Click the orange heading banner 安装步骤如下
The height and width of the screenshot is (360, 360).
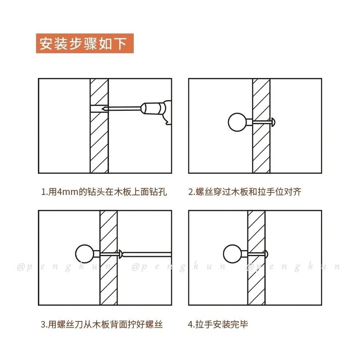[x=85, y=43]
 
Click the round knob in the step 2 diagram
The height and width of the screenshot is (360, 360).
[x=237, y=122]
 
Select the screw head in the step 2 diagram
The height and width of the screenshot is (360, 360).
[x=273, y=122]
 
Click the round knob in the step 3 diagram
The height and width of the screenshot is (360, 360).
[x=85, y=254]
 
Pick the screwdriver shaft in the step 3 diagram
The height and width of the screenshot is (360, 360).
[x=147, y=254]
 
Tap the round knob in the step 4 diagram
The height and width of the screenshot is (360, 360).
[x=232, y=254]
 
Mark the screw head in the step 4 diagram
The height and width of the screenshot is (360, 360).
[x=266, y=254]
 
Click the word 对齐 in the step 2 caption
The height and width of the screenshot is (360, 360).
[x=293, y=192]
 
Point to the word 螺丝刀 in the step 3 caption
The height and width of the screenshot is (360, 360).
[x=70, y=324]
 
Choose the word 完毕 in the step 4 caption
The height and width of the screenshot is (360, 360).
[x=239, y=324]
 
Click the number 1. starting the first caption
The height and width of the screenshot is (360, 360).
[x=44, y=192]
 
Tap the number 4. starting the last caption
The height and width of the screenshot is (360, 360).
[x=191, y=324]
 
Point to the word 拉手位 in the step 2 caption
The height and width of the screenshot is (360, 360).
[x=271, y=192]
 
